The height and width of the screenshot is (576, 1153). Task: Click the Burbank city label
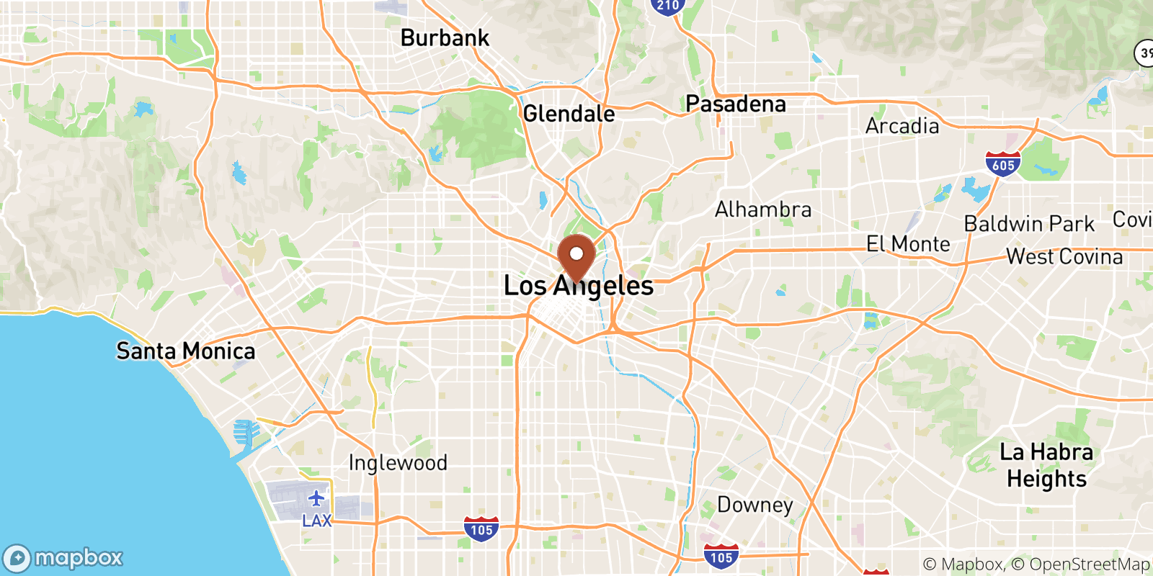coord(445,37)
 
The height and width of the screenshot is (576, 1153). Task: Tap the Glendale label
coord(569,114)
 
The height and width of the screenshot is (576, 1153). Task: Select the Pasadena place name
coord(735,104)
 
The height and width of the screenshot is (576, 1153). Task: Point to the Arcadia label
coord(902,126)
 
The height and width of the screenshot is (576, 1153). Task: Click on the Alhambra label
coord(763,210)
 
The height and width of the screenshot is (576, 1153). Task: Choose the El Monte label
coord(908,244)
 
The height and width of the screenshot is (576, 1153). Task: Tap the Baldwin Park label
coord(1029,224)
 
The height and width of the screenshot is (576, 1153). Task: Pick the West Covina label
coord(1064,257)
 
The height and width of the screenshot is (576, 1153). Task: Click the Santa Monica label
coord(186,351)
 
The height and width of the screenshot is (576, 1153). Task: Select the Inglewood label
coord(398,462)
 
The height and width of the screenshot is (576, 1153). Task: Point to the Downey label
coord(754,505)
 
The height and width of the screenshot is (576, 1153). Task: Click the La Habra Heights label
coord(1046,465)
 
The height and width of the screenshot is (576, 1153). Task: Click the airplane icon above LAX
coord(316,498)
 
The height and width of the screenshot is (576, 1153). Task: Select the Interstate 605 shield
coord(1003,164)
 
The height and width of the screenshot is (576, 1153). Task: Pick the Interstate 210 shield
coord(667,6)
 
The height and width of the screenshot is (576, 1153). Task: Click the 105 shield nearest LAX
coord(481,529)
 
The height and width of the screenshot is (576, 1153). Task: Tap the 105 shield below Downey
coord(721,557)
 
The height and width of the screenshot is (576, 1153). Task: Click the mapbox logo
coord(63,558)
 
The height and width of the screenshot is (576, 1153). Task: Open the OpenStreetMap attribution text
coord(1090,564)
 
